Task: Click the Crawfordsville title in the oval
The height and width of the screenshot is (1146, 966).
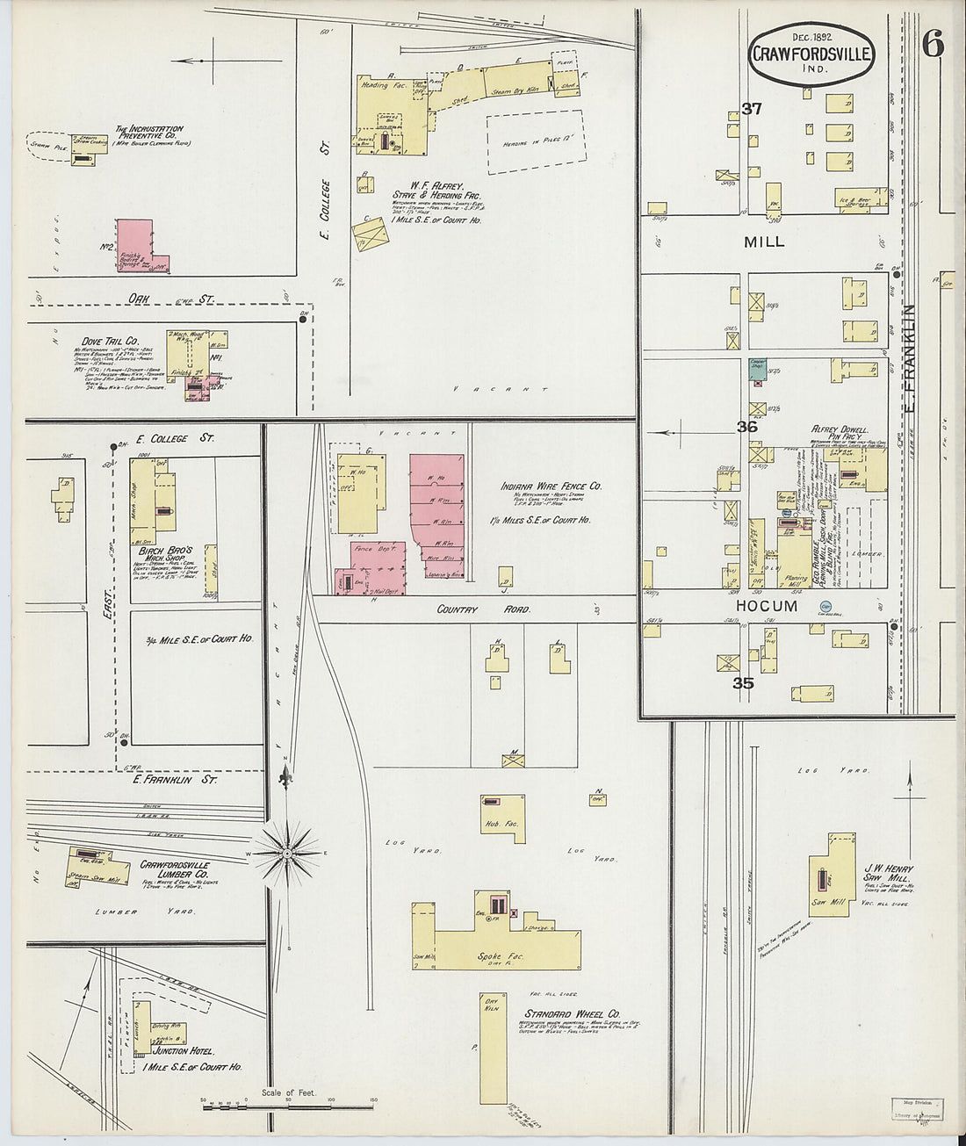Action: click(x=811, y=54)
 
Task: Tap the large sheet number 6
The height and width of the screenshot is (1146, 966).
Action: click(x=933, y=44)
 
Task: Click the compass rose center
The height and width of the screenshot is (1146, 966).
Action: click(x=287, y=852)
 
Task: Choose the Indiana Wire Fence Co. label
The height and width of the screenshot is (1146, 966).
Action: click(x=551, y=486)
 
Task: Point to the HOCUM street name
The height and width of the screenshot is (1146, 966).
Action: click(x=767, y=606)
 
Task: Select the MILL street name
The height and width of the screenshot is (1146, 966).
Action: click(x=763, y=241)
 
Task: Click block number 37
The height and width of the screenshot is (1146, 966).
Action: click(x=751, y=109)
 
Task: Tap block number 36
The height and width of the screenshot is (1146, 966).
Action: click(x=746, y=427)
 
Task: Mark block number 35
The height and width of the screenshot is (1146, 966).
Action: click(x=744, y=682)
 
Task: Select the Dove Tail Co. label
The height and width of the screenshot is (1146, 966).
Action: click(x=110, y=341)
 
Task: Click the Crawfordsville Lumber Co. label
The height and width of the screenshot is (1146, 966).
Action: click(x=174, y=869)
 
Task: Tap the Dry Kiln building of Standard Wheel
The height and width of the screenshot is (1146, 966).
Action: click(x=493, y=1049)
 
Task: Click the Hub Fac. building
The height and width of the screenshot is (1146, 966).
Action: click(x=502, y=817)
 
